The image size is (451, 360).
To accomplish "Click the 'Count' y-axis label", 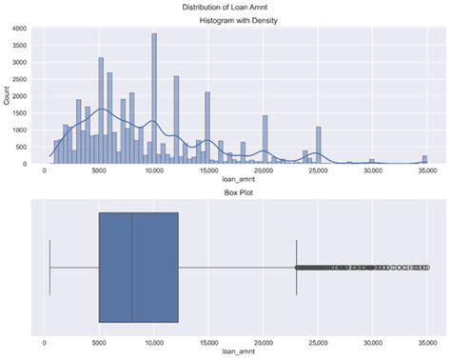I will [8, 96].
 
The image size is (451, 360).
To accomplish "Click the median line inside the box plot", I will [132, 268].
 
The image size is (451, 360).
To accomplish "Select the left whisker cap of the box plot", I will [49, 268].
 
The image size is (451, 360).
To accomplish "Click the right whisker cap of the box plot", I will [297, 268].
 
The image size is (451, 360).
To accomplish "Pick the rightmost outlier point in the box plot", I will [428, 268].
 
